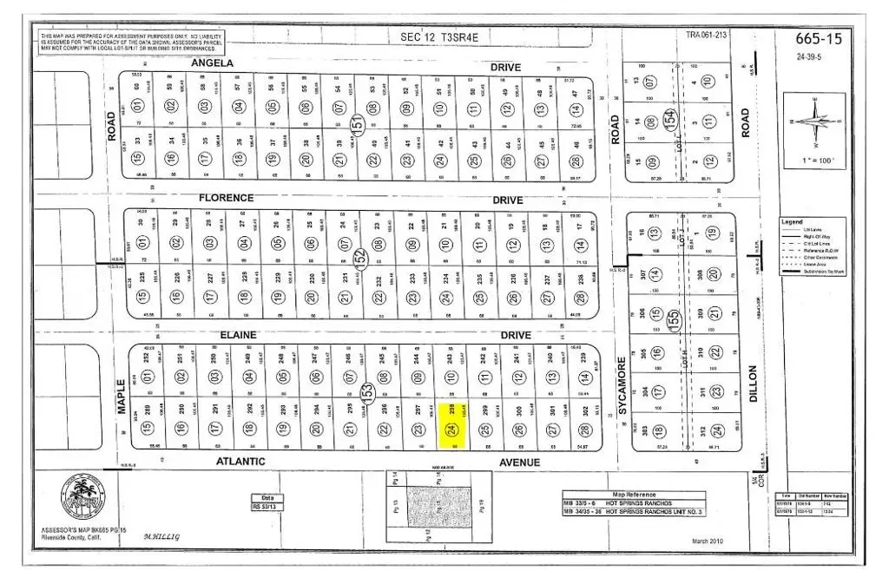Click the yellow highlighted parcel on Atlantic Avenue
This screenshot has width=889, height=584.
pyautogui.click(x=451, y=425)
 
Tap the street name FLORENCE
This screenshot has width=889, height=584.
pyautogui.click(x=226, y=199)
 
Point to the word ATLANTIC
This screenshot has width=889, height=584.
pyautogui.click(x=240, y=463)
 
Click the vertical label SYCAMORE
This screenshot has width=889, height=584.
pyautogui.click(x=622, y=385)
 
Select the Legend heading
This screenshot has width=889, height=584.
pyautogui.click(x=792, y=222)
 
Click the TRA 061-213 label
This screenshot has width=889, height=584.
pyautogui.click(x=706, y=36)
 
